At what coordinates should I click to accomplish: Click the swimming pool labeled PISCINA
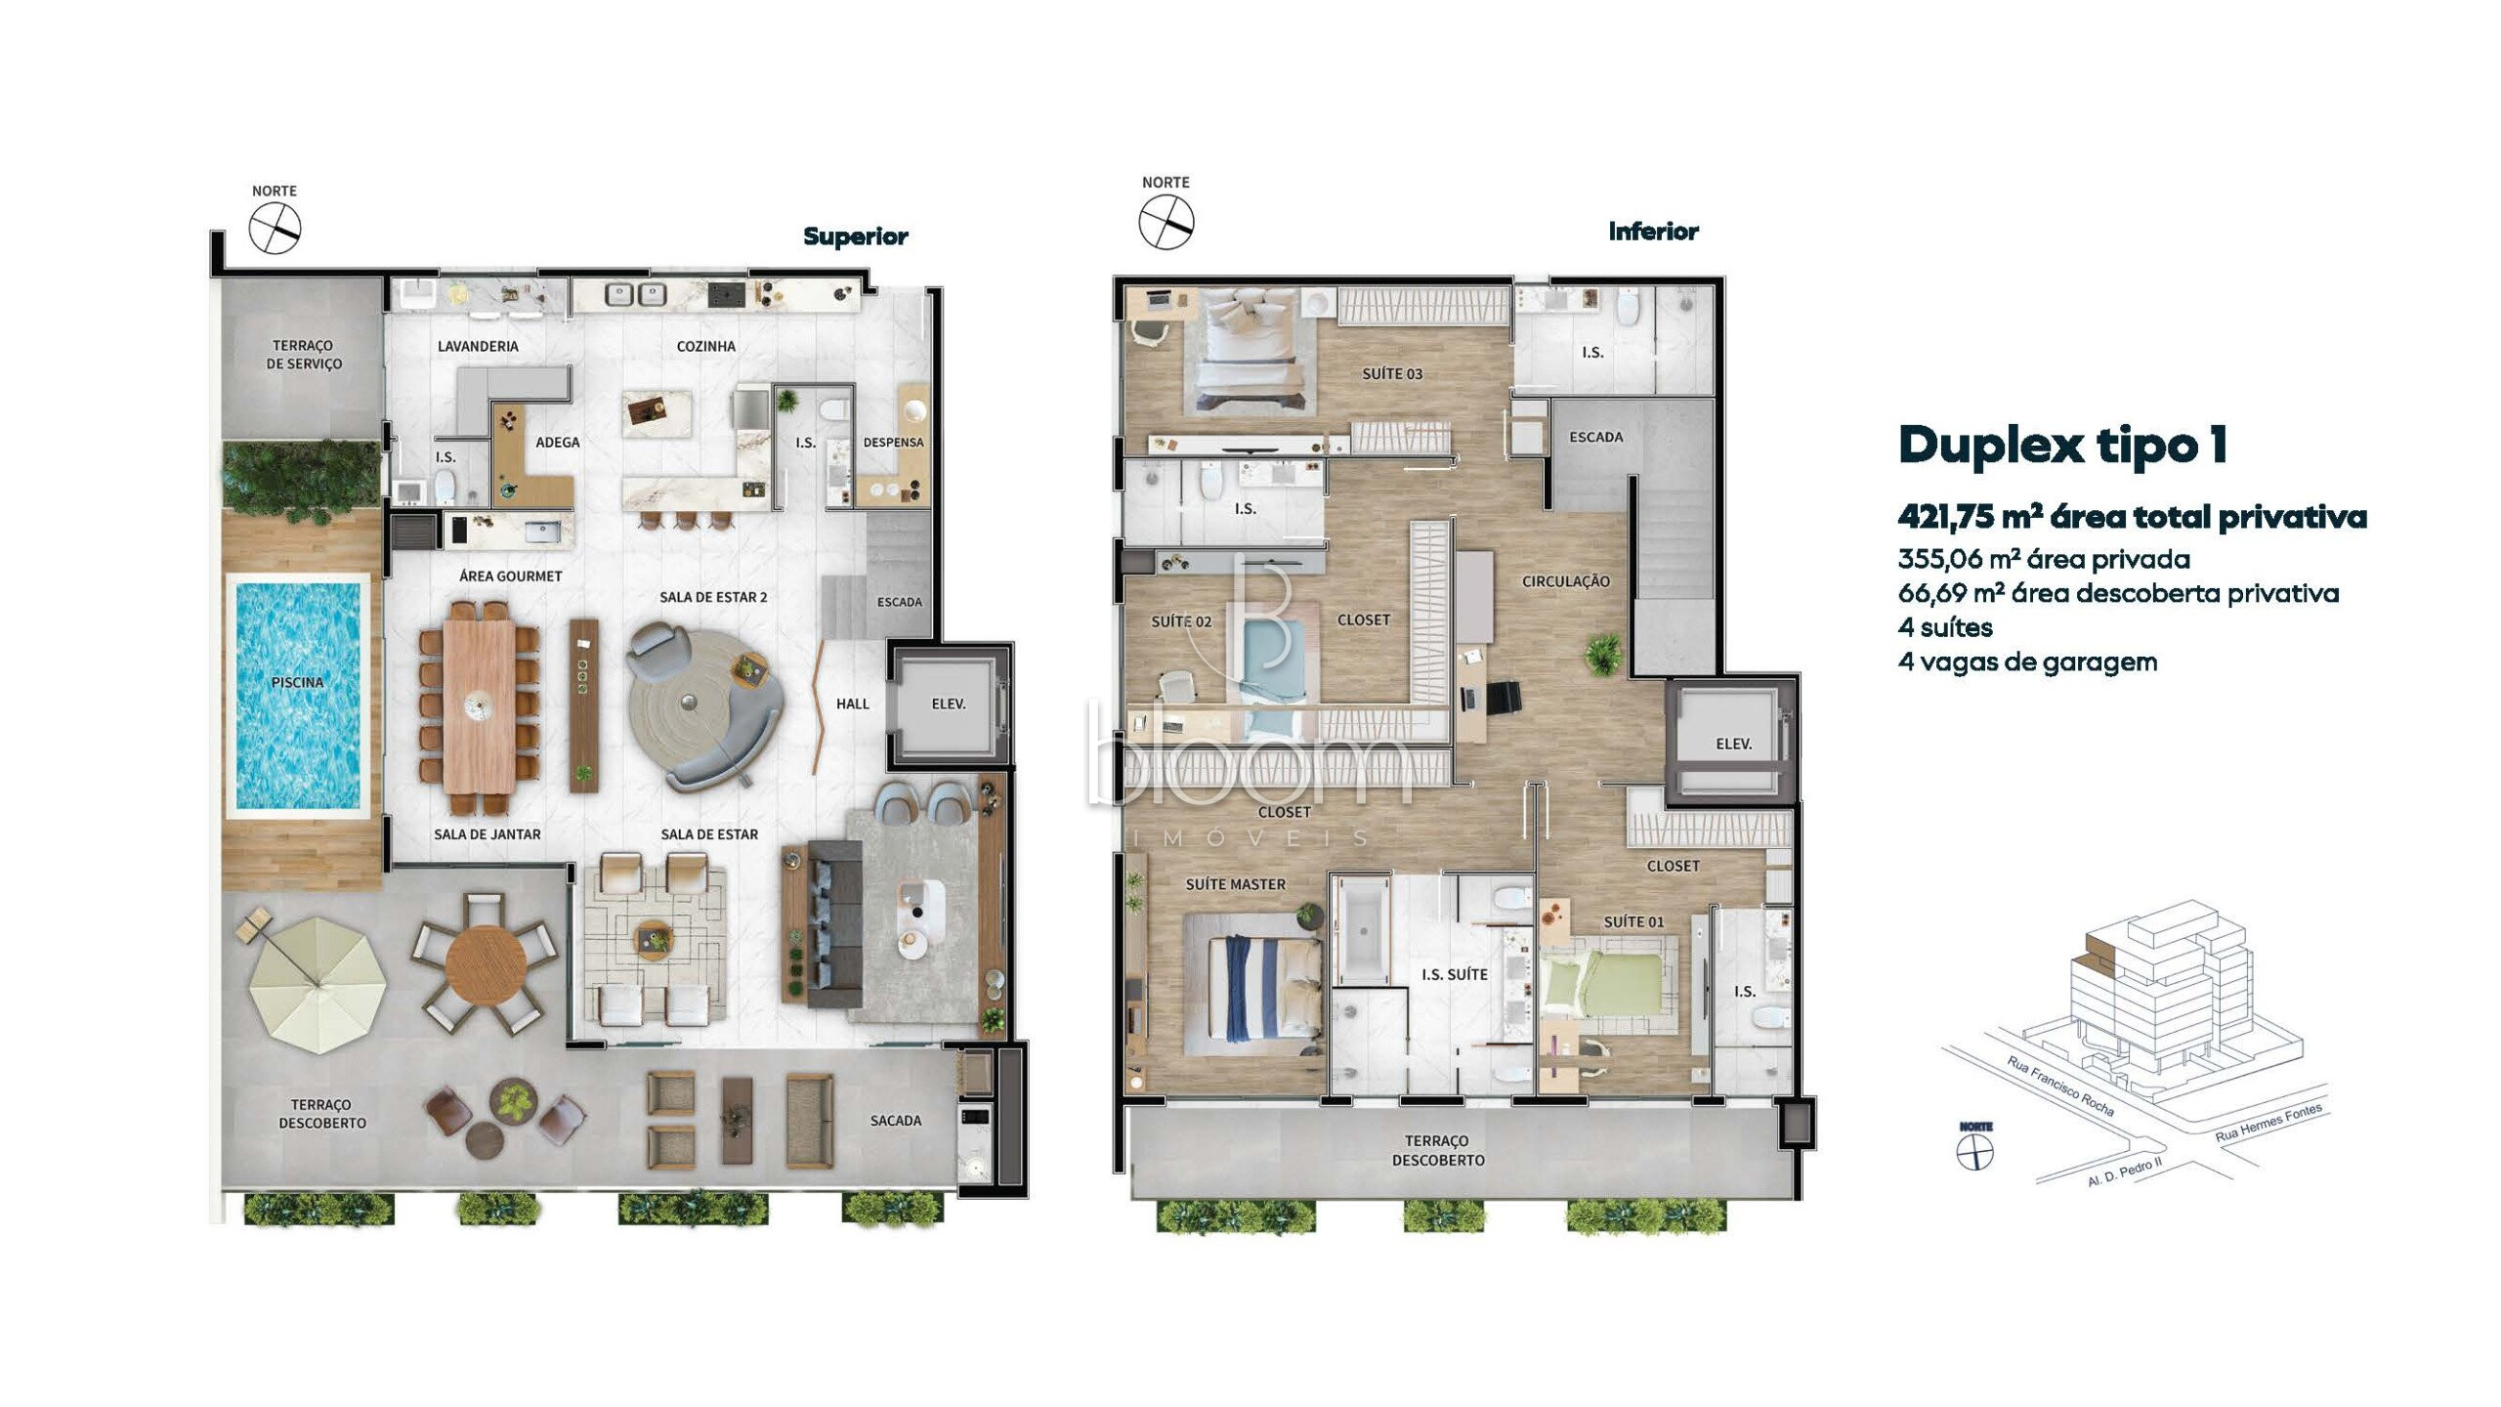(297, 694)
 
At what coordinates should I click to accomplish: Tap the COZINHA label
(705, 346)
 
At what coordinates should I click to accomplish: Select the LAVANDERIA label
(478, 346)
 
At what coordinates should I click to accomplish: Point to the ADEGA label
(557, 443)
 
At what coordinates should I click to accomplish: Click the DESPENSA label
(893, 443)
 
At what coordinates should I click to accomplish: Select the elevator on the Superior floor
(948, 703)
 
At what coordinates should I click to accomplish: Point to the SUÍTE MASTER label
(1235, 884)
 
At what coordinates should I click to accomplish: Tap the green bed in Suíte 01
(1602, 997)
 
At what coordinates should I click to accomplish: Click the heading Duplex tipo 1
(2062, 445)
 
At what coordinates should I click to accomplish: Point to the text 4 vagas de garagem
(2027, 661)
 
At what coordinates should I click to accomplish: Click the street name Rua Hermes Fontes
(2268, 1122)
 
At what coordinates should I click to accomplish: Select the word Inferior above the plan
(1653, 232)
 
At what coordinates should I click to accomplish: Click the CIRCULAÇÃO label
(1565, 581)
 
